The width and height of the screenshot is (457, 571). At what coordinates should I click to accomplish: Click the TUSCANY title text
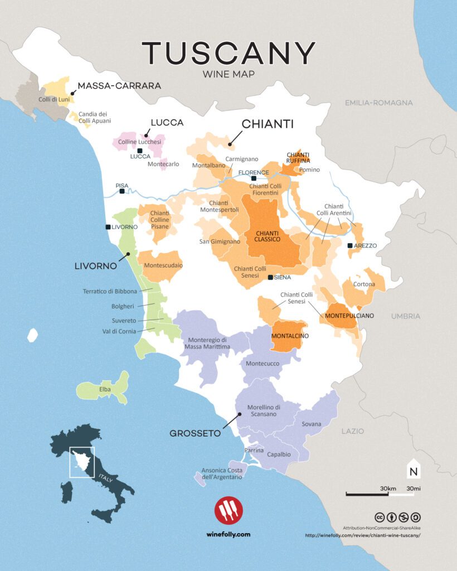pyautogui.click(x=229, y=53)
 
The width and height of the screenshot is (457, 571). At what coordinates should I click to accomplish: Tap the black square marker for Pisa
pyautogui.click(x=122, y=191)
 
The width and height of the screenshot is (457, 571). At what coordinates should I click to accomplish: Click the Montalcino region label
pyautogui.click(x=290, y=336)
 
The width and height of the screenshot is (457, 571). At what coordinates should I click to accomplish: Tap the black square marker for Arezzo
pyautogui.click(x=349, y=245)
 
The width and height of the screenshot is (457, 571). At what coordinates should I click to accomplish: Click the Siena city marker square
pyautogui.click(x=270, y=277)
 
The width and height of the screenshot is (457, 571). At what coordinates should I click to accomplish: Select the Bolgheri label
pyautogui.click(x=123, y=306)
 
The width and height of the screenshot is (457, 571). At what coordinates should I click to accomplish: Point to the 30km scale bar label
pyautogui.click(x=388, y=488)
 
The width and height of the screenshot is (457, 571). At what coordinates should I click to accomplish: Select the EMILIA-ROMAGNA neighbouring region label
pyautogui.click(x=379, y=103)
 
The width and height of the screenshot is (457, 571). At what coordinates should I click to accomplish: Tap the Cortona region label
pyautogui.click(x=363, y=284)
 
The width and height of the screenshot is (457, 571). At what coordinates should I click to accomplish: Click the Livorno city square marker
pyautogui.click(x=108, y=227)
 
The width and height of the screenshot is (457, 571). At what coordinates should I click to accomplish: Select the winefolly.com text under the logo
pyautogui.click(x=228, y=534)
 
